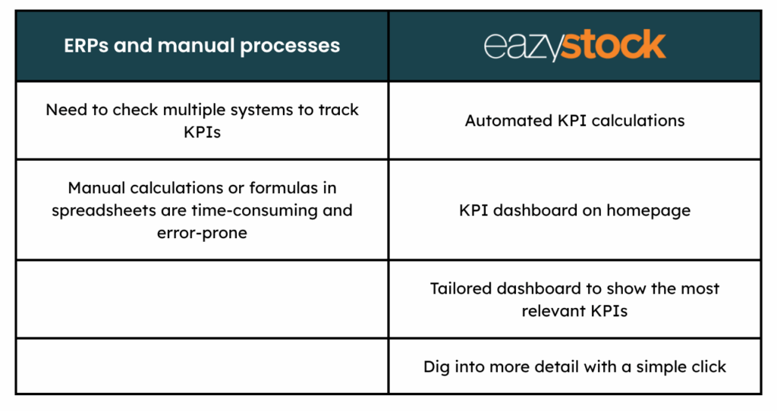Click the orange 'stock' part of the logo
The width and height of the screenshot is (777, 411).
pos(613,45)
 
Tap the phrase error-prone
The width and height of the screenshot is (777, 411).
pos(202,233)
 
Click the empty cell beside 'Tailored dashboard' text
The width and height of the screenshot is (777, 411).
pos(202,299)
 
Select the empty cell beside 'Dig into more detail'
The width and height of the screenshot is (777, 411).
pos(202,366)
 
